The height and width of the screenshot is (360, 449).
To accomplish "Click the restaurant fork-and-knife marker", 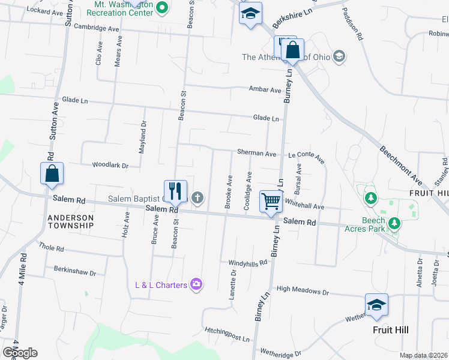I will (x=175, y=191).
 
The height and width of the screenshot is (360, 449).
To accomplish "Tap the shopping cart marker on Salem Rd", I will (x=271, y=202).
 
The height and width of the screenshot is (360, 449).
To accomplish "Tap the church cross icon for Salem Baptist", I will (x=196, y=198).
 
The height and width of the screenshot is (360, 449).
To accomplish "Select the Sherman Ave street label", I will (x=256, y=154).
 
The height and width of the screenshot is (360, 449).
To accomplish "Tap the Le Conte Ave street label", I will (x=306, y=157).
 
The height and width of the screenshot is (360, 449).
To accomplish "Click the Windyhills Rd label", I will (x=247, y=263).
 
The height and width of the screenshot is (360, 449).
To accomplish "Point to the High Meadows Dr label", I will (x=303, y=292).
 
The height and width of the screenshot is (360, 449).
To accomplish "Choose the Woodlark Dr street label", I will (x=110, y=165).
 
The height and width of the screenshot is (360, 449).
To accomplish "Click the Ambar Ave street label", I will (x=265, y=90).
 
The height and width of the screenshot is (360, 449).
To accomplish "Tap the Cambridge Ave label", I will (x=96, y=28).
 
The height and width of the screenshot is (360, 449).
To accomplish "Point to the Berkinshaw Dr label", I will (x=75, y=269).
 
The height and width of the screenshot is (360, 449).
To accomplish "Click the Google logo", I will (x=20, y=353).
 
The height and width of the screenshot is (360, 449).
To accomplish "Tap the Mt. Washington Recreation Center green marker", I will (x=161, y=8).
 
